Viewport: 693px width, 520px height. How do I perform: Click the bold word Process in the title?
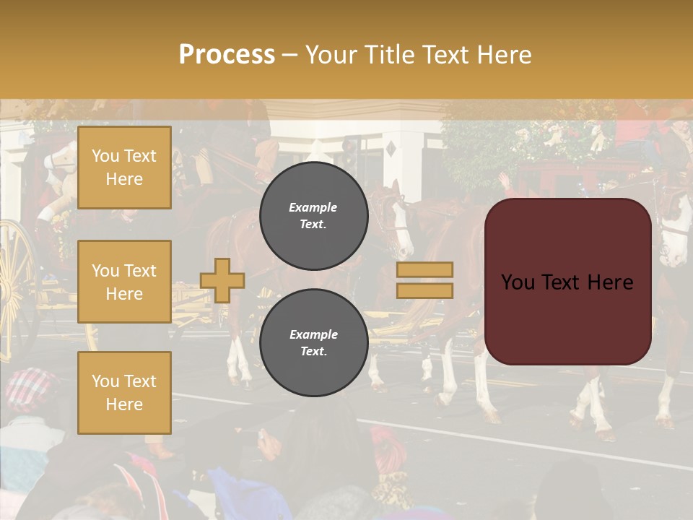coord(227,55)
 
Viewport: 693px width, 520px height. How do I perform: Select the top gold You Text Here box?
coord(124,168)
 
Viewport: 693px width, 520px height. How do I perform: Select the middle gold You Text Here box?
coord(124,282)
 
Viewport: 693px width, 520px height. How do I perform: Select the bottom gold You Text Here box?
coord(124,393)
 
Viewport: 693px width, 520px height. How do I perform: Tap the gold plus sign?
coord(222,280)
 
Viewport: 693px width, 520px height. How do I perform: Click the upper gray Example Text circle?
coord(313,216)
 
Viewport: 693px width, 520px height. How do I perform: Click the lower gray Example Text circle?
coord(313,343)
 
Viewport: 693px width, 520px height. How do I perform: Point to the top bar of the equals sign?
coord(424,270)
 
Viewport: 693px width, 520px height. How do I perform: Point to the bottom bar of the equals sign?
coord(424,290)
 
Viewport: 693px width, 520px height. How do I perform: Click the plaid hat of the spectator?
coord(32,391)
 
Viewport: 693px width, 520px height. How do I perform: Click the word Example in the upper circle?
coord(313,207)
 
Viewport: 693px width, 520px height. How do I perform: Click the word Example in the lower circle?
coord(313,334)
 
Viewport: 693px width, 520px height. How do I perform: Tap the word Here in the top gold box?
coord(124,179)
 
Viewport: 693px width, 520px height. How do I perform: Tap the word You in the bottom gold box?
coord(105,381)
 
